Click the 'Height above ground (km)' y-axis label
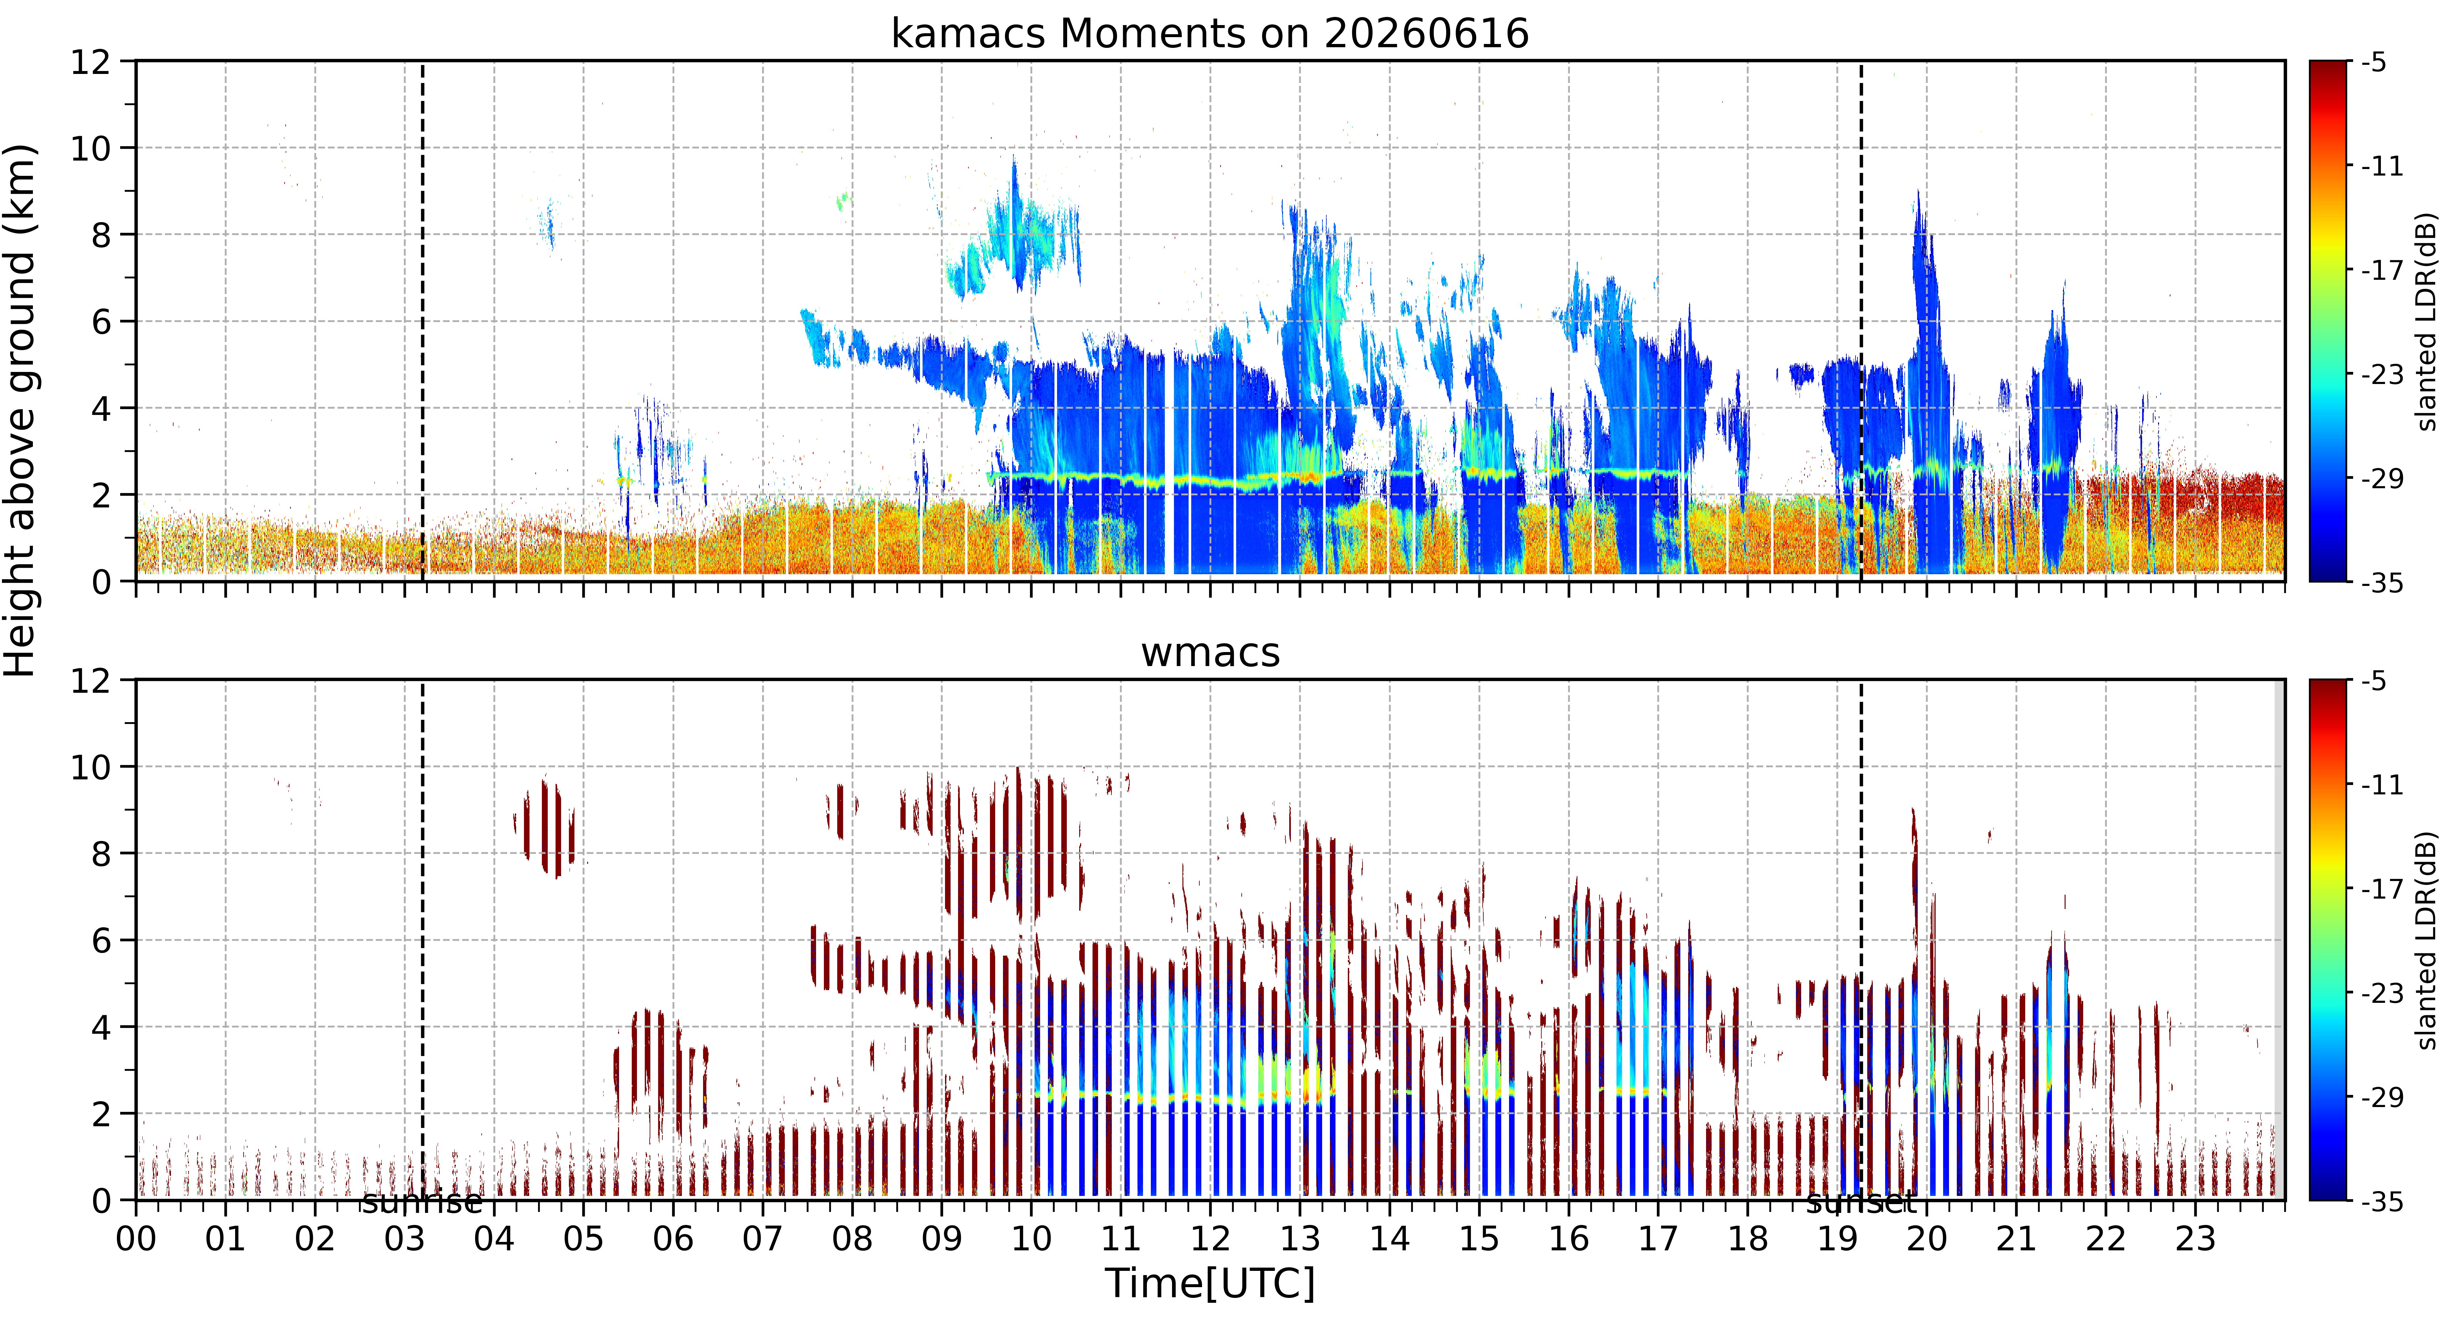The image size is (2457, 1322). click(21, 410)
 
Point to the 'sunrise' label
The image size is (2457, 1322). click(422, 1202)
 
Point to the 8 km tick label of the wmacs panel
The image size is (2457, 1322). click(101, 854)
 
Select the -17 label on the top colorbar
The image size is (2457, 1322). click(2382, 271)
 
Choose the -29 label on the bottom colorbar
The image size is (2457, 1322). click(2382, 1097)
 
